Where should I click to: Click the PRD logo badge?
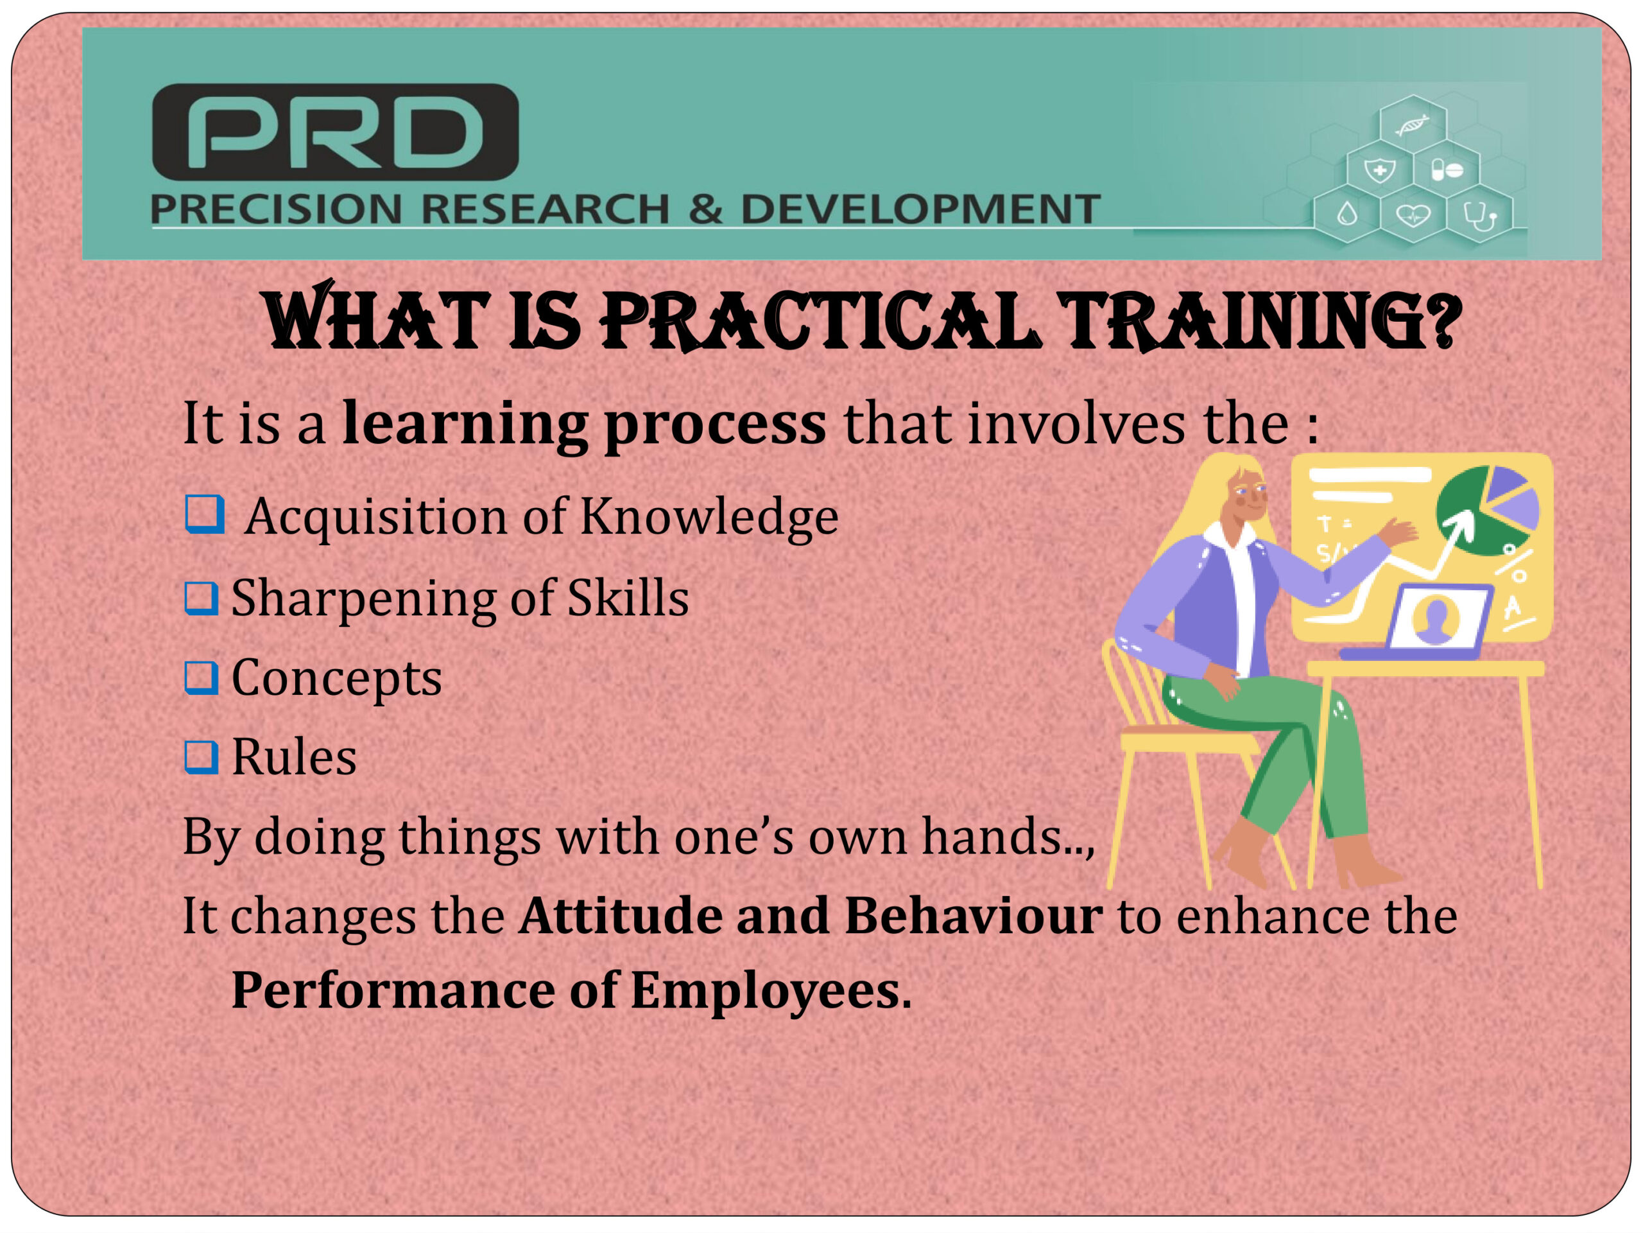coord(335,132)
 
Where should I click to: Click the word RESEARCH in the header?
coord(545,209)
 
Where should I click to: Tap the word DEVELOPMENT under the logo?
coord(921,209)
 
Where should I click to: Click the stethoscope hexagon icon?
coord(1479,216)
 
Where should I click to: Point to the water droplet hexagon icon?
coord(1347,216)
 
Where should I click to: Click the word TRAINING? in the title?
coord(1260,321)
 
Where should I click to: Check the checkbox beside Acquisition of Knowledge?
coord(204,514)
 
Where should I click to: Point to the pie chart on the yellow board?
coord(1488,511)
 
